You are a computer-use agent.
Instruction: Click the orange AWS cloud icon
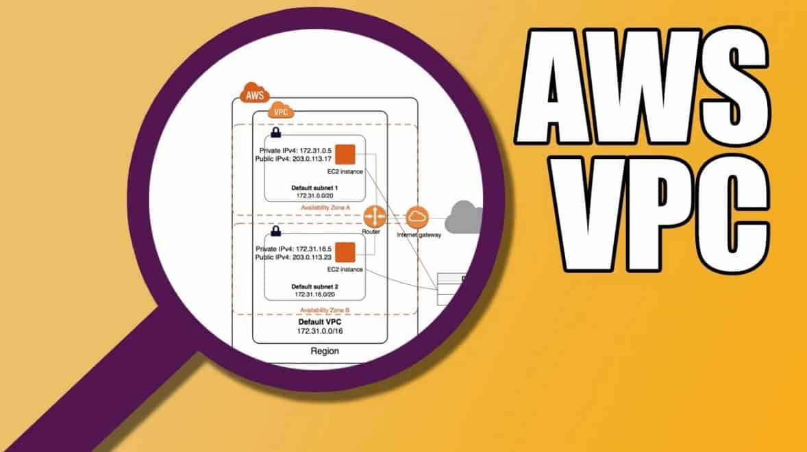pyautogui.click(x=255, y=93)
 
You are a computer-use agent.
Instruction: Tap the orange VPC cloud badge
pyautogui.click(x=280, y=110)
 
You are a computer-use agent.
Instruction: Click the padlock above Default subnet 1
pyautogui.click(x=276, y=133)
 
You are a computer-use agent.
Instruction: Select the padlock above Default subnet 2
pyautogui.click(x=276, y=231)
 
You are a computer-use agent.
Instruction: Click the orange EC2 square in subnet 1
pyautogui.click(x=345, y=154)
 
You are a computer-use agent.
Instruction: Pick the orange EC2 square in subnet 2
pyautogui.click(x=345, y=252)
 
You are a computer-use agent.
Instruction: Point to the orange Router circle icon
pyautogui.click(x=374, y=216)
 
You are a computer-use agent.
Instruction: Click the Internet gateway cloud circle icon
pyautogui.click(x=417, y=217)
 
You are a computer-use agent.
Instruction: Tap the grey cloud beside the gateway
pyautogui.click(x=464, y=216)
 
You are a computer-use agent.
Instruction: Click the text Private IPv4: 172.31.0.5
pyautogui.click(x=295, y=151)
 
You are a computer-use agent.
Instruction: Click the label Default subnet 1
pyautogui.click(x=314, y=188)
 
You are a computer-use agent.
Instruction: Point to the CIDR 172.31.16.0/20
pyautogui.click(x=314, y=294)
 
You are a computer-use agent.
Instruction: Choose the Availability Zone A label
pyautogui.click(x=325, y=208)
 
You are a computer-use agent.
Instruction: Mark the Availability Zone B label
pyautogui.click(x=325, y=311)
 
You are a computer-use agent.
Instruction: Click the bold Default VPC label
pyautogui.click(x=320, y=322)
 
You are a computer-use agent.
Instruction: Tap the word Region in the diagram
pyautogui.click(x=325, y=351)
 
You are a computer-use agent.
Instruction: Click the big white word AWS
pyautogui.click(x=643, y=85)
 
